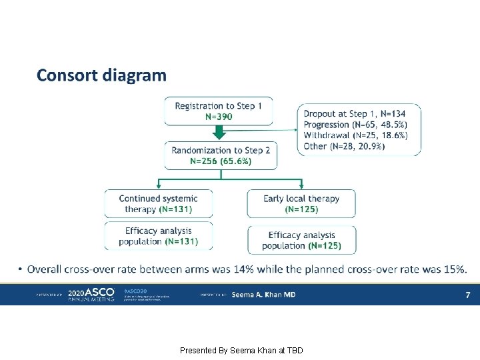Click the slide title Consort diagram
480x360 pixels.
[x=101, y=75]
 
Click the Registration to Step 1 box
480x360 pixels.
[x=219, y=111]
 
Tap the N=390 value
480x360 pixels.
[x=219, y=117]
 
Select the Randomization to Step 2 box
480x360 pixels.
[x=221, y=155]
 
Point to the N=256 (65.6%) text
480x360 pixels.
[x=221, y=161]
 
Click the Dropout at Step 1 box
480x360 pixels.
[x=359, y=129]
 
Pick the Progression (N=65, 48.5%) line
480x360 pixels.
[x=355, y=125]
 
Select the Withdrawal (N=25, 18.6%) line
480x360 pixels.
[x=355, y=135]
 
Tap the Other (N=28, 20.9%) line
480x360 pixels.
[x=344, y=146]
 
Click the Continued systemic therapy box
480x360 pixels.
[x=159, y=203]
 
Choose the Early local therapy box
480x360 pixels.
[x=301, y=203]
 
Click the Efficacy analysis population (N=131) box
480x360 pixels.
[x=159, y=236]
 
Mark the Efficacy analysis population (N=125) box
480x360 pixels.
[x=301, y=240]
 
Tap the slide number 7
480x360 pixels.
[x=468, y=295]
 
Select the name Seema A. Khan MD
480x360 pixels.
[x=263, y=295]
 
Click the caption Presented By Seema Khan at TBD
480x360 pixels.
[x=241, y=350]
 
